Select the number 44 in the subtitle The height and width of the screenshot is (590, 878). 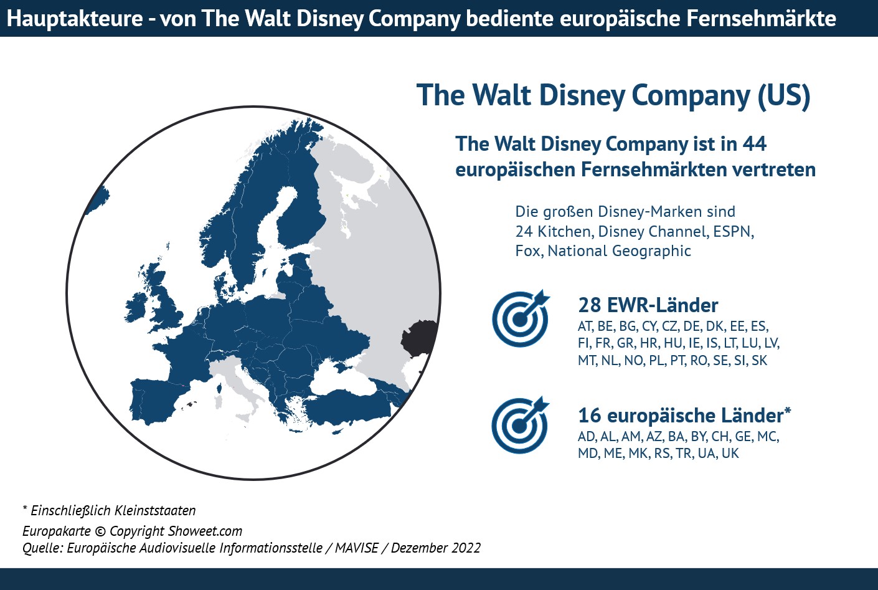click(754, 144)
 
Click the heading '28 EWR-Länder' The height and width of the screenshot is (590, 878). click(648, 305)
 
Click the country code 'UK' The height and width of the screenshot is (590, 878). click(730, 454)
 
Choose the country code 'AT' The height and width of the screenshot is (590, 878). click(585, 326)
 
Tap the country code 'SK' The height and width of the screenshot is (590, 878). click(759, 361)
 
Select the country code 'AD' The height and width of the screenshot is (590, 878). click(587, 436)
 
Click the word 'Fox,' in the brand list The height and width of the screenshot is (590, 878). click(528, 251)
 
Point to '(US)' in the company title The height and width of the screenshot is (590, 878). click(783, 96)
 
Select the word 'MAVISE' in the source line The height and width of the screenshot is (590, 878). click(356, 548)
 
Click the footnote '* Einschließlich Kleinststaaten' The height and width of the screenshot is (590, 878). click(109, 511)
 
